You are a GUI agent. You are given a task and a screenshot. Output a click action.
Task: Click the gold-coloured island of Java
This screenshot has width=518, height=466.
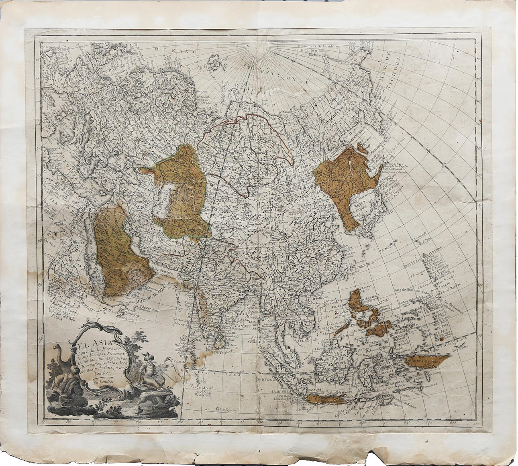[325, 399]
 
